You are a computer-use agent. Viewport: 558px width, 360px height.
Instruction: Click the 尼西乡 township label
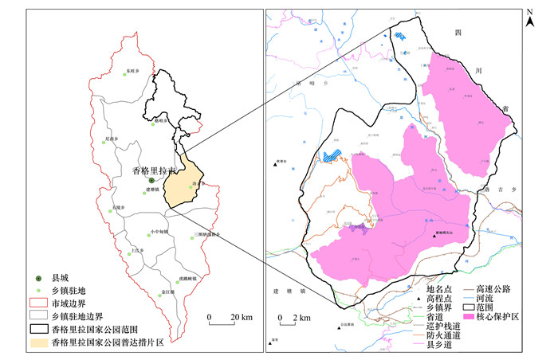[112, 139]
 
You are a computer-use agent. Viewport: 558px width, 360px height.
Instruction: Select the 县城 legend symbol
[37, 278]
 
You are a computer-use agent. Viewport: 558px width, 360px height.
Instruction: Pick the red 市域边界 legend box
[37, 303]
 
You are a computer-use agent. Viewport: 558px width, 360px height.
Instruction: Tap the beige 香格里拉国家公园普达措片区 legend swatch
[37, 340]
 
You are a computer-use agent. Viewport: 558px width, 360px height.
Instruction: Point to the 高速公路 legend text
[495, 289]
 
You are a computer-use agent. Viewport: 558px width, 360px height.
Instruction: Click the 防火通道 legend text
[443, 335]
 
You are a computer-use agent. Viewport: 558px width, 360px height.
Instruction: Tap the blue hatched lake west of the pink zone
[332, 155]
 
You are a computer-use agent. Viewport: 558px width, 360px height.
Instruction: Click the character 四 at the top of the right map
[458, 33]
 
